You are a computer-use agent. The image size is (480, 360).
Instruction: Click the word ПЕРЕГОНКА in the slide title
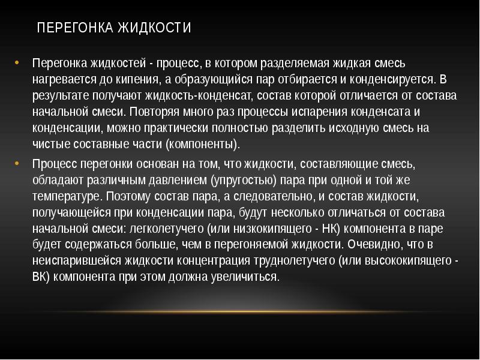coord(74,28)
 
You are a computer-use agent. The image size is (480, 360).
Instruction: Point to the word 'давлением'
coord(181,179)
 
